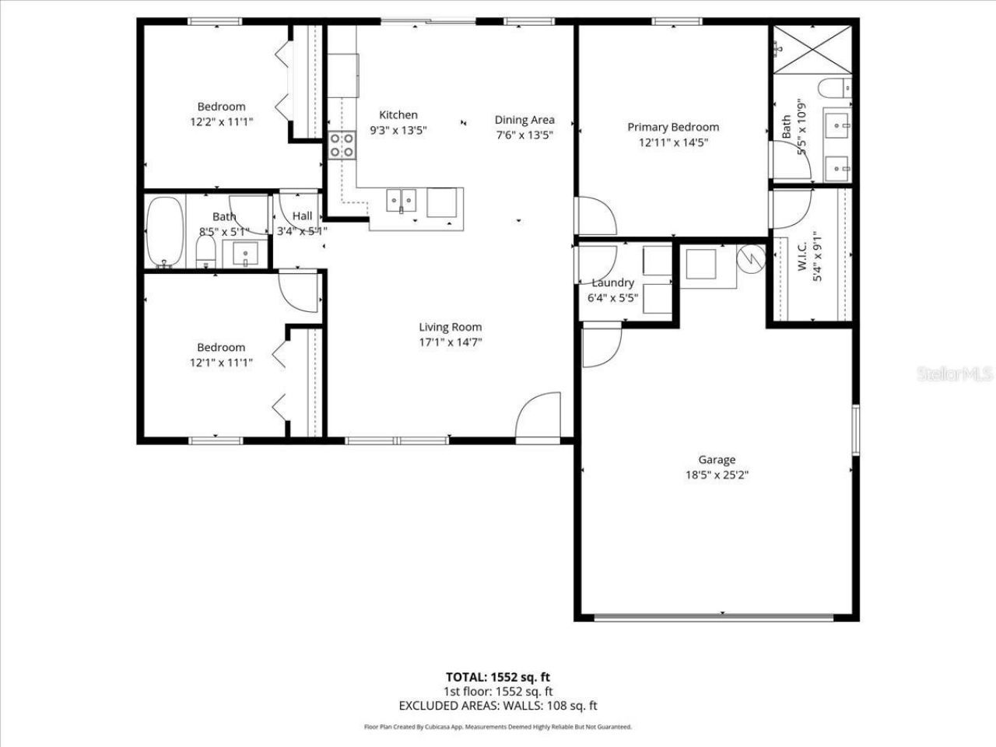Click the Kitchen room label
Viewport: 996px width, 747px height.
pyautogui.click(x=398, y=115)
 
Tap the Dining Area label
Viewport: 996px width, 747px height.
pyautogui.click(x=524, y=120)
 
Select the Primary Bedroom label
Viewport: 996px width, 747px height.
pyautogui.click(x=673, y=127)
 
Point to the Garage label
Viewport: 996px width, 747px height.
pyautogui.click(x=716, y=460)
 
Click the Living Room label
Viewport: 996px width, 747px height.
pyautogui.click(x=450, y=328)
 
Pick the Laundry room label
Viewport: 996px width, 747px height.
pyautogui.click(x=612, y=283)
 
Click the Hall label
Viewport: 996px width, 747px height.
pyautogui.click(x=303, y=216)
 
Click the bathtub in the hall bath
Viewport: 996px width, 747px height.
pyautogui.click(x=165, y=232)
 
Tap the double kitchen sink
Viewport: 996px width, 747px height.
pyautogui.click(x=402, y=201)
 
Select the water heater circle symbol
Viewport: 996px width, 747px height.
pyautogui.click(x=751, y=258)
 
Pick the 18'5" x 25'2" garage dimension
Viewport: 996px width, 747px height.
pyautogui.click(x=716, y=475)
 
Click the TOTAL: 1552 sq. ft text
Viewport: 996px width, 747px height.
pyautogui.click(x=497, y=677)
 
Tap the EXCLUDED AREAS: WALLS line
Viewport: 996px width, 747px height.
pyautogui.click(x=497, y=706)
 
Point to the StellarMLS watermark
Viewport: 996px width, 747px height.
pyautogui.click(x=955, y=374)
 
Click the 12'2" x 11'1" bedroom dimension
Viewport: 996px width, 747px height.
pyautogui.click(x=221, y=121)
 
